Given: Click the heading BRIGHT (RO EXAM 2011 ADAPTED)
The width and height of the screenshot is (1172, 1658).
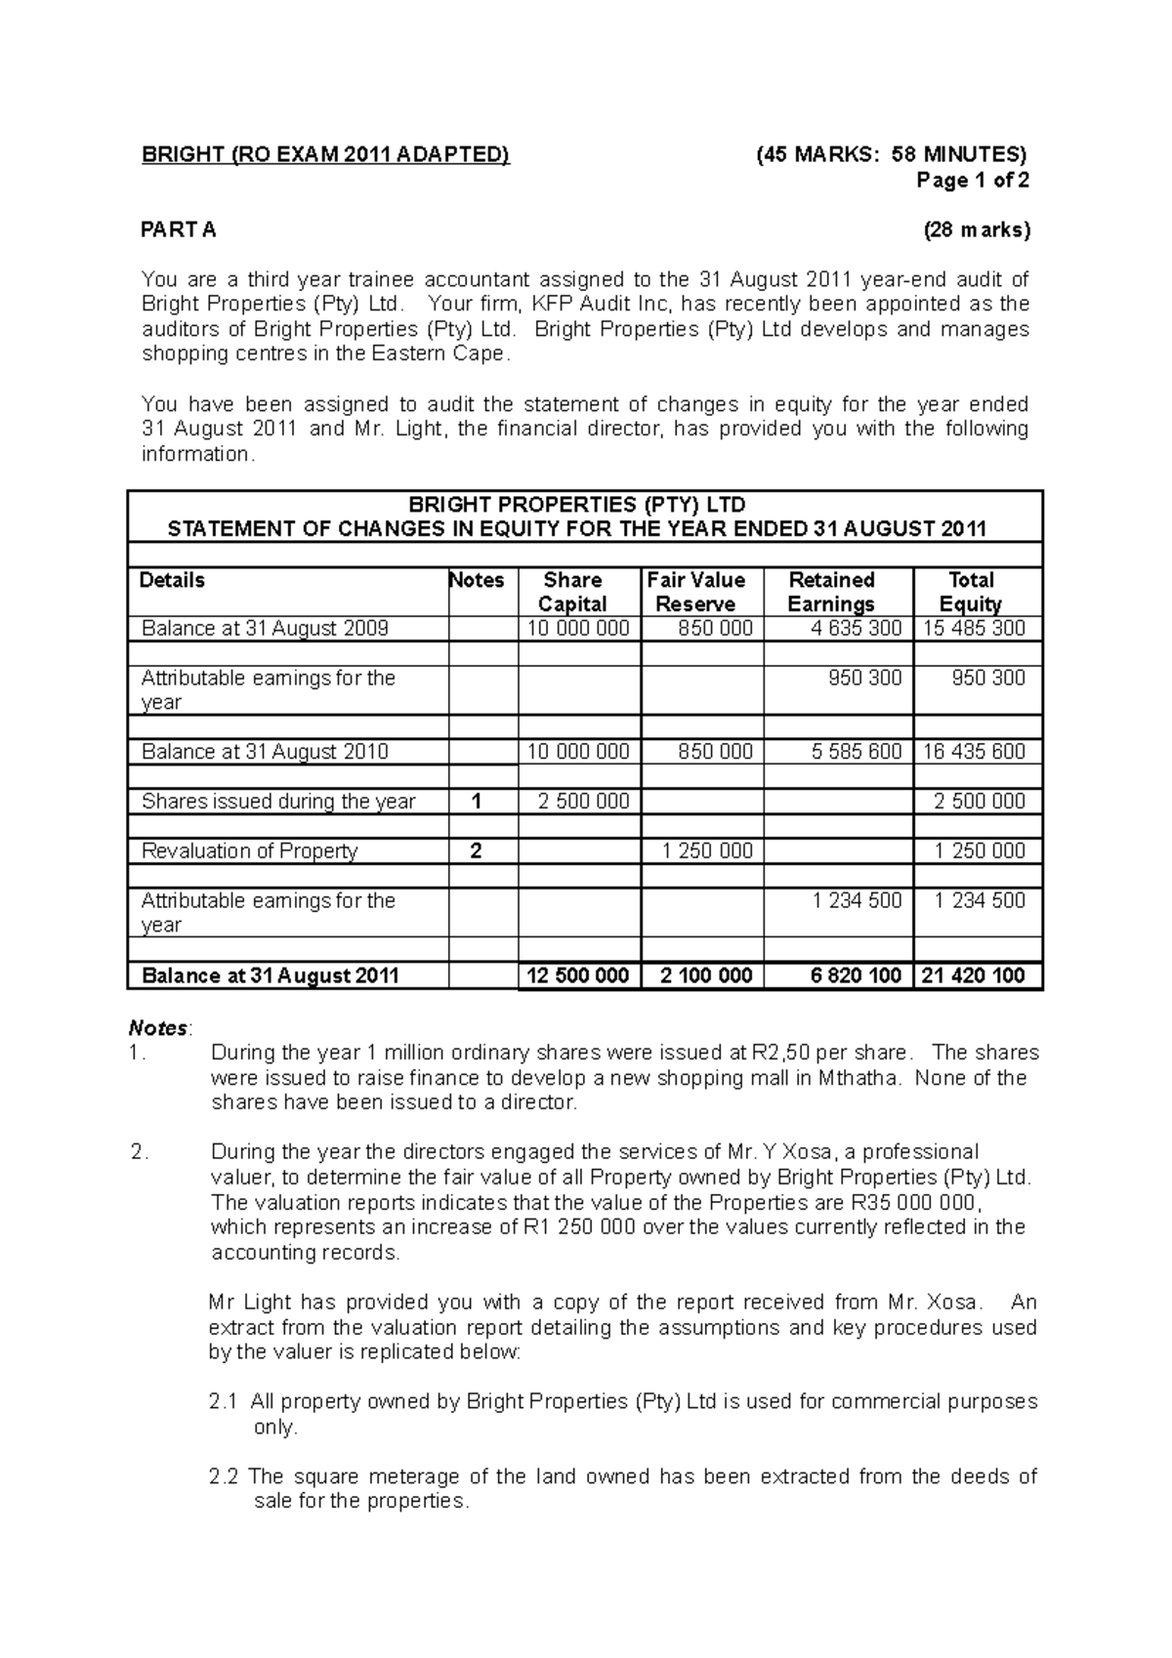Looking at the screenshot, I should tap(325, 154).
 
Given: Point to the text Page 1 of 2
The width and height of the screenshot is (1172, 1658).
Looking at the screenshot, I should tap(972, 180).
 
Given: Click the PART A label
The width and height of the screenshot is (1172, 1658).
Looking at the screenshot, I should tap(179, 229).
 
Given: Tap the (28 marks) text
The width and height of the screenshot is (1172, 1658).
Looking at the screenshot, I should tap(977, 229).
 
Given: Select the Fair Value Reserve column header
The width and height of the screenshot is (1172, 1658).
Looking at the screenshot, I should tap(695, 592).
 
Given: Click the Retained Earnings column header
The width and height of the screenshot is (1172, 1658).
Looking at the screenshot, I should tap(831, 592).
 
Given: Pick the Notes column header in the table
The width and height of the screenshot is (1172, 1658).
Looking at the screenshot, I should tap(477, 580).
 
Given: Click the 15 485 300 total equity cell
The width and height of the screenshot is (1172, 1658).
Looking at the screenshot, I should tap(974, 629).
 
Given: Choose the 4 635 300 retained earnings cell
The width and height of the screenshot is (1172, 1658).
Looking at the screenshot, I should tap(856, 629).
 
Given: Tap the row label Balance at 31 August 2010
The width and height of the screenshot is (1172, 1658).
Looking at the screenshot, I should tap(265, 752).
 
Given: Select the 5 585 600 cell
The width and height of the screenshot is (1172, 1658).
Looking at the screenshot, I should tap(856, 752).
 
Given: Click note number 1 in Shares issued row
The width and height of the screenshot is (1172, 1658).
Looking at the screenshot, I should tap(477, 802).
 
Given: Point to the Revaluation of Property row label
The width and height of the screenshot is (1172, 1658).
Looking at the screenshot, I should tap(250, 851).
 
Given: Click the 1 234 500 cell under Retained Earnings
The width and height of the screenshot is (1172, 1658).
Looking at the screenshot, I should tap(856, 900).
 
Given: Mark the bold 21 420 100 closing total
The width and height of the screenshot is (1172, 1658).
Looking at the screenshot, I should tap(973, 975).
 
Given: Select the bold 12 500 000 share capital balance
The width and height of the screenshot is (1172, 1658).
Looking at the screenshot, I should tap(577, 975).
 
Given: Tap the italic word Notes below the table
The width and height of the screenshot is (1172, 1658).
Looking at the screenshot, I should tap(158, 1028).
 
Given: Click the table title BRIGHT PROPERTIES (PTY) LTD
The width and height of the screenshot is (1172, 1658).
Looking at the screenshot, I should tap(576, 505).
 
